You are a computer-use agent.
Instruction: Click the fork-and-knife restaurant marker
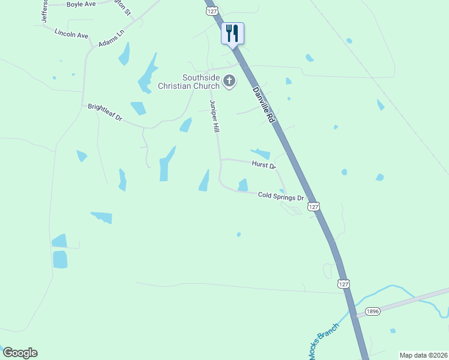click(232, 33)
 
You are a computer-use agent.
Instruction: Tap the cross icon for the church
click(229, 81)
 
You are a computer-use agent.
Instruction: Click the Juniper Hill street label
click(212, 116)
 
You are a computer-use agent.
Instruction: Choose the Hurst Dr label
click(264, 164)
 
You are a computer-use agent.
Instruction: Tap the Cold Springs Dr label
click(281, 196)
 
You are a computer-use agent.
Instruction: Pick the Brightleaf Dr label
click(105, 112)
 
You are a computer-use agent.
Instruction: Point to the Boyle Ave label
click(81, 4)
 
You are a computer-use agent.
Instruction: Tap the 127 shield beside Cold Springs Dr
click(313, 206)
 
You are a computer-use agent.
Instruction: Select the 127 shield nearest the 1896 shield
click(343, 284)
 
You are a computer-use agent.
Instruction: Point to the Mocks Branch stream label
click(324, 341)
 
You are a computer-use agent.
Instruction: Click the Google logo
click(20, 353)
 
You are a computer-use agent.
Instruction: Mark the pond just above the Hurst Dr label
click(261, 153)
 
